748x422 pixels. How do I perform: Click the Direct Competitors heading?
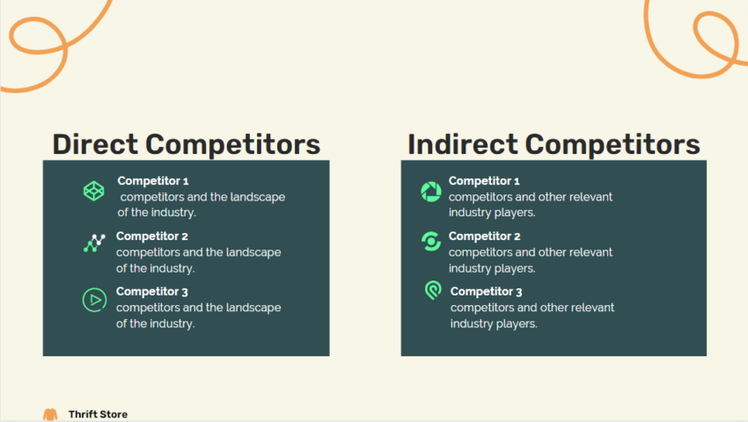[186, 144]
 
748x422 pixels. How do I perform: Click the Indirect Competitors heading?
[554, 144]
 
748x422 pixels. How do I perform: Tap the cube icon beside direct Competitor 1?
[94, 190]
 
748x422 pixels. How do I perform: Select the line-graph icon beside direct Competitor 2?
[94, 244]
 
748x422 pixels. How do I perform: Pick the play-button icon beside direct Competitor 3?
[94, 300]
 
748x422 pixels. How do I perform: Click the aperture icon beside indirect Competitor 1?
[431, 191]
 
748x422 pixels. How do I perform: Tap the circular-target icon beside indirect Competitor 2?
[431, 241]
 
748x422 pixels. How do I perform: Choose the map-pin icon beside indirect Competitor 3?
[432, 290]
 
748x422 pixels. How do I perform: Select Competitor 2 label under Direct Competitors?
[152, 236]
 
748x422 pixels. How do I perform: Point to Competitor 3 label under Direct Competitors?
[152, 292]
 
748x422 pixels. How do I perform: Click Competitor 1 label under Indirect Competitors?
[484, 181]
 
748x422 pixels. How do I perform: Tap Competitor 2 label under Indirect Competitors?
[484, 236]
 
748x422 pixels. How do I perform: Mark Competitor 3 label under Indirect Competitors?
[486, 292]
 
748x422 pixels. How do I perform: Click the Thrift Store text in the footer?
[98, 414]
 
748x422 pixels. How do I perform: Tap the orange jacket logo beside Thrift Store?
[50, 414]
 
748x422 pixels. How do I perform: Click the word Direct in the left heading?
[94, 144]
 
